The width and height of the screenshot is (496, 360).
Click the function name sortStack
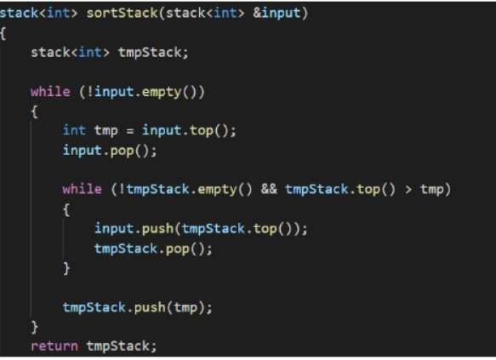point(123,13)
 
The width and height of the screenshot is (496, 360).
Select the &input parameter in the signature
point(277,13)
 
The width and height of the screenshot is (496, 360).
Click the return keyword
point(54,346)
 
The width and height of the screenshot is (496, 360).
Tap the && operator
point(269,189)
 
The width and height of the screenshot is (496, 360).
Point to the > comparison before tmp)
point(408,190)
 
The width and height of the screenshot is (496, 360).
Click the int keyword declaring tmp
point(74,130)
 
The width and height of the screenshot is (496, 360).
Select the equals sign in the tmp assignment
point(130,131)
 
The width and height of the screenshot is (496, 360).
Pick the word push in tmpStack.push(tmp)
point(150,307)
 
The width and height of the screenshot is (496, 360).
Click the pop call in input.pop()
point(122,151)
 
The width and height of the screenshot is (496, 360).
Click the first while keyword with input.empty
point(50,91)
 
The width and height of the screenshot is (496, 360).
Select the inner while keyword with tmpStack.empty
point(83,189)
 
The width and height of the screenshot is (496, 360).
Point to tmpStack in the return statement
point(118,346)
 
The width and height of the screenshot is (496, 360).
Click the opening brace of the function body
point(3,33)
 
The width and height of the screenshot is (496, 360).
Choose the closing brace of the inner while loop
point(66,269)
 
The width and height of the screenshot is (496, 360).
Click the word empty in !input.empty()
point(162,92)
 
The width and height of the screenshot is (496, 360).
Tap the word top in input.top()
point(201,131)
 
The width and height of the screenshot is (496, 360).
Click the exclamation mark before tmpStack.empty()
point(122,189)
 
